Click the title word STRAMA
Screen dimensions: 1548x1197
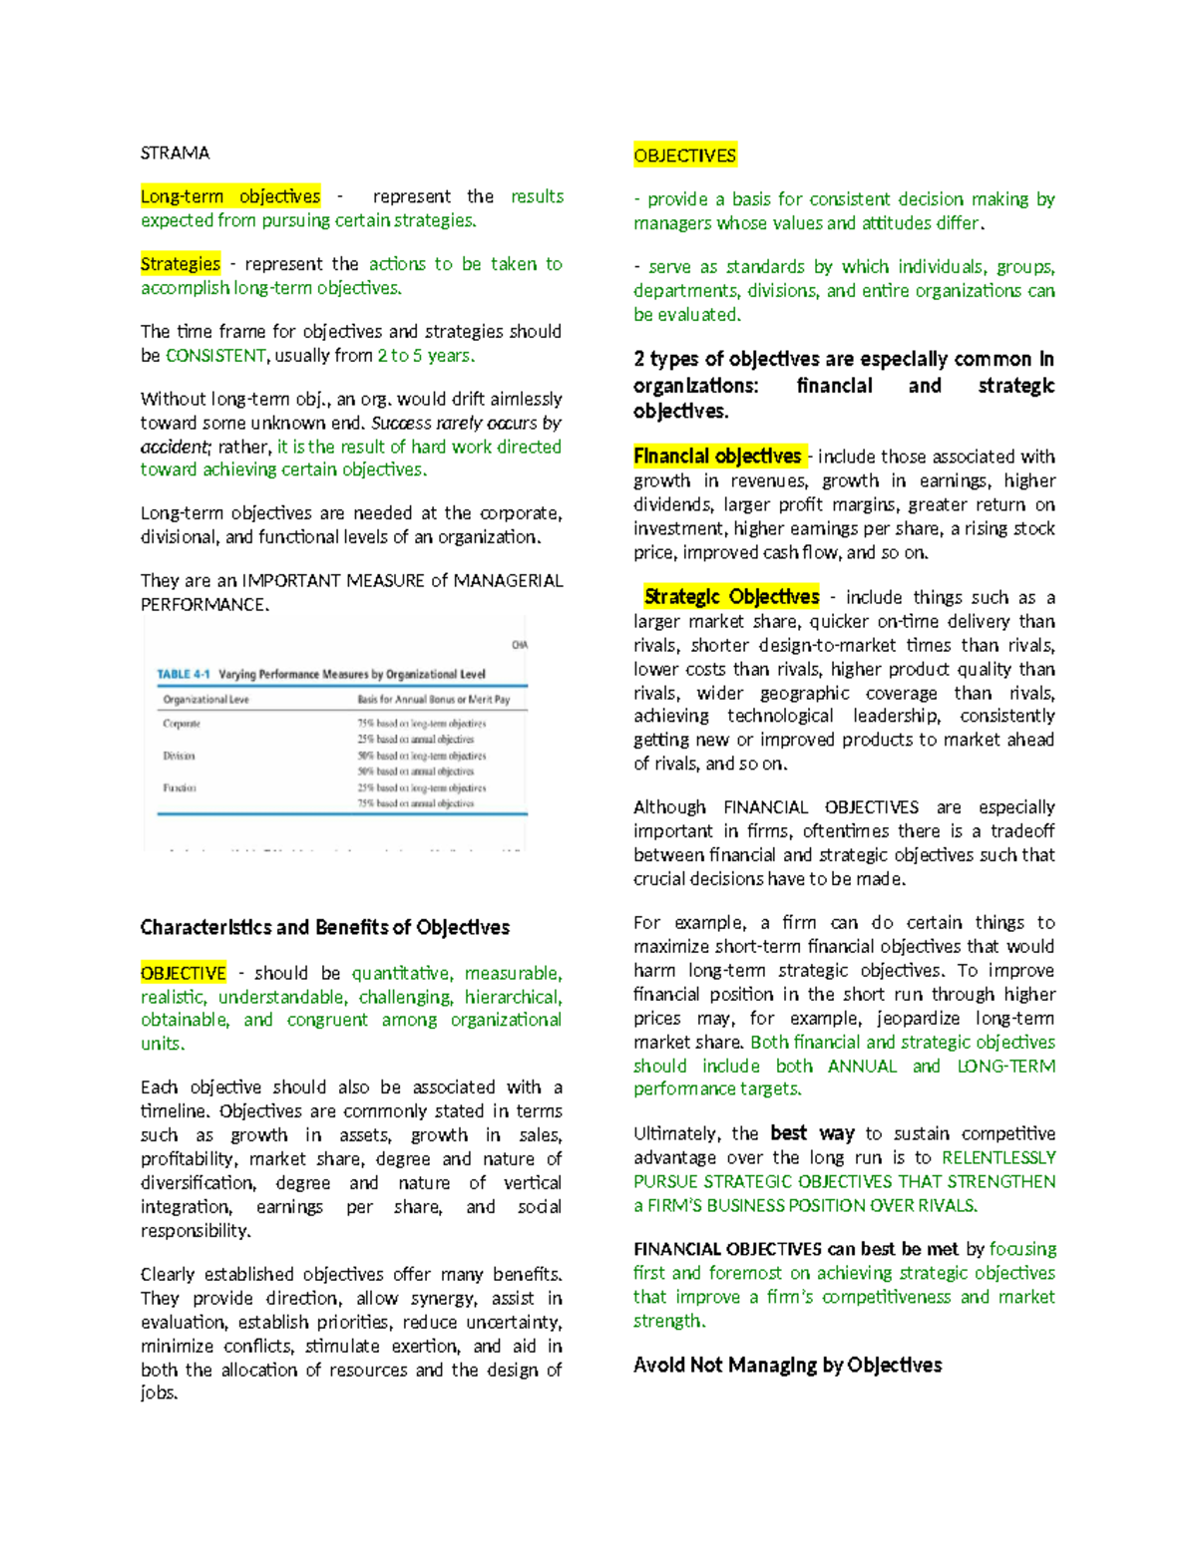point(175,153)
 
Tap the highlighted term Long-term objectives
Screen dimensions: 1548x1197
point(230,196)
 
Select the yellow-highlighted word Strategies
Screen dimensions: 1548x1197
point(181,264)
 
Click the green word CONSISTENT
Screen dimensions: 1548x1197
point(215,356)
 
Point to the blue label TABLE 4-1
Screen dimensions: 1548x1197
point(184,674)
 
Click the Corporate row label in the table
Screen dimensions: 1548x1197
point(182,724)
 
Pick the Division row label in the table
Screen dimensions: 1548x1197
point(179,756)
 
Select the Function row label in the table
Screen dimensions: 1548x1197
point(180,787)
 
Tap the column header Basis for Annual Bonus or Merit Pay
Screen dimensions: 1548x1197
point(433,700)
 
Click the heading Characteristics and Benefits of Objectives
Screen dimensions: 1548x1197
point(324,928)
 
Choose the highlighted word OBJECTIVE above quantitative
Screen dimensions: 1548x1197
point(184,973)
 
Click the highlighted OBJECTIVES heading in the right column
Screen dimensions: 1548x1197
point(684,155)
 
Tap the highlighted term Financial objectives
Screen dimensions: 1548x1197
point(717,457)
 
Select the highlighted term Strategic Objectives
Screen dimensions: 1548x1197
point(731,597)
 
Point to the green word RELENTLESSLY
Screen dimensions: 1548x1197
point(998,1158)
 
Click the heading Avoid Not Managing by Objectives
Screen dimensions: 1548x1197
point(787,1366)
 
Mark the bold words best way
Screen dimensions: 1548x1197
point(812,1133)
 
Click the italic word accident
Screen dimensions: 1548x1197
point(173,448)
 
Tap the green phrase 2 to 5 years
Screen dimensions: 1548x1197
point(424,356)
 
